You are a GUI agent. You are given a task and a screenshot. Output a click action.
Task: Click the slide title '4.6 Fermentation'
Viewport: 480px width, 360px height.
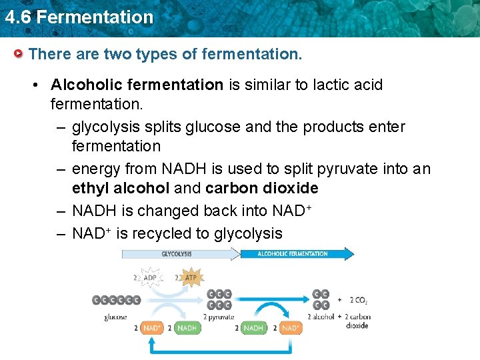pos(79,17)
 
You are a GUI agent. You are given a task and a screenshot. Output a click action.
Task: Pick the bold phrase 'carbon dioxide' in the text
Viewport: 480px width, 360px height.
pos(262,188)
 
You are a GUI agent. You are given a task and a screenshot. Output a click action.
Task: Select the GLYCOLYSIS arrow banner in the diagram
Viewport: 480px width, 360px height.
pos(179,253)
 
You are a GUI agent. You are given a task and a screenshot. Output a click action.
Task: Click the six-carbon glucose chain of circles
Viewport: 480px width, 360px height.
pos(116,300)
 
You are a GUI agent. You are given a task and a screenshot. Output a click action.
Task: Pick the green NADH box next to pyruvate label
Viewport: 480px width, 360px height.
pos(187,328)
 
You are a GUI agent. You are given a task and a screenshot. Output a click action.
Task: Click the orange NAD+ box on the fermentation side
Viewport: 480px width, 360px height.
pos(291,328)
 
